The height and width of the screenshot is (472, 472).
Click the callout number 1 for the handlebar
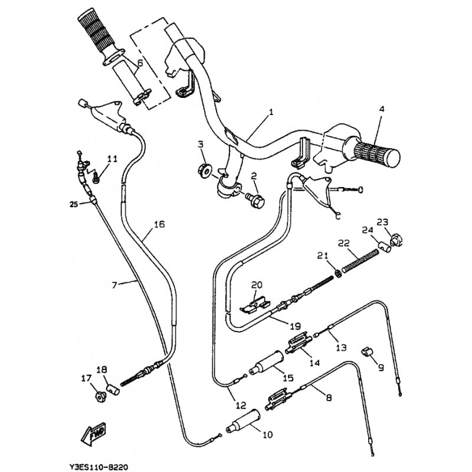pyautogui.click(x=271, y=111)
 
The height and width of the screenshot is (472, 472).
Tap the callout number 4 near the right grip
pyautogui.click(x=381, y=109)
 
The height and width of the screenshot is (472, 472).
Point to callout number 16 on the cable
pyautogui.click(x=159, y=224)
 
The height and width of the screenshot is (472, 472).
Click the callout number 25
pyautogui.click(x=73, y=204)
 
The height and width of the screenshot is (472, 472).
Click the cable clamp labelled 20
pyautogui.click(x=254, y=304)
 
